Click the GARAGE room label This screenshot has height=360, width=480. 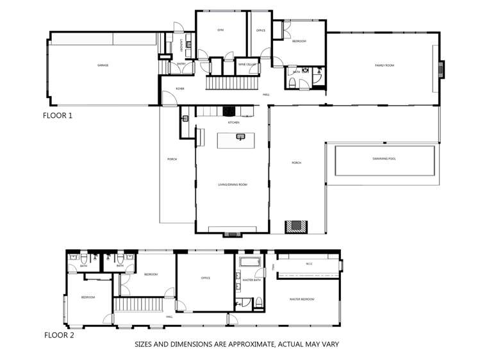[103, 65]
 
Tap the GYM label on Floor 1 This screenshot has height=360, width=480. [220, 30]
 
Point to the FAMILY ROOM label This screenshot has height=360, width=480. [385, 65]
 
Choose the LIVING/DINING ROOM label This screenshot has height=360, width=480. [233, 184]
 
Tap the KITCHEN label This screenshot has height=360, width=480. [232, 122]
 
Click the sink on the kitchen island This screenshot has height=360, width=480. [242, 136]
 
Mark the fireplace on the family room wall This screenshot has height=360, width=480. [441, 69]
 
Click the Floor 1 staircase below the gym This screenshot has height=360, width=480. [231, 83]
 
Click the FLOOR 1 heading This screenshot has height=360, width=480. [58, 116]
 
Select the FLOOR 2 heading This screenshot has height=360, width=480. [58, 335]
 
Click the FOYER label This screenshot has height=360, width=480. [181, 88]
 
